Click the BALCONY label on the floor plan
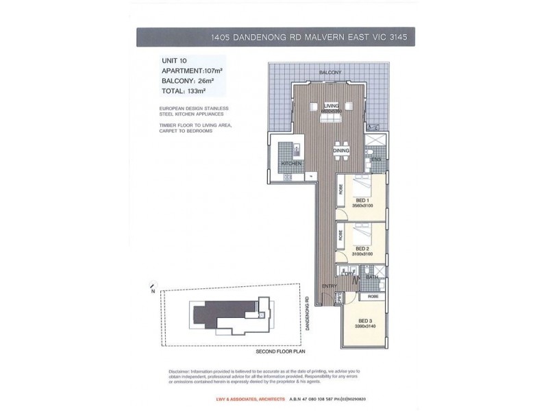[329, 72]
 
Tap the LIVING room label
[332, 105]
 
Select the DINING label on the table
[341, 151]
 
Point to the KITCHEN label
[291, 164]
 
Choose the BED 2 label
[362, 248]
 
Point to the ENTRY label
[330, 287]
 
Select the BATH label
[373, 277]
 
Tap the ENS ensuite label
[375, 160]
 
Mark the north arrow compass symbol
[151, 285]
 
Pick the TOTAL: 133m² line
[184, 90]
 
